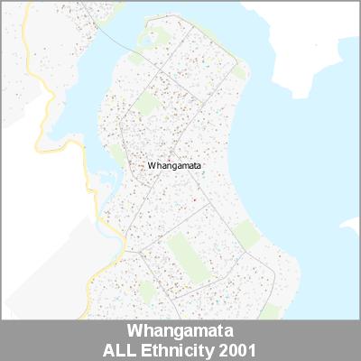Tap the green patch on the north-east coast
[237, 70]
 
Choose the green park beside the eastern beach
[248, 235]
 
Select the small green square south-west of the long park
[144, 289]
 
